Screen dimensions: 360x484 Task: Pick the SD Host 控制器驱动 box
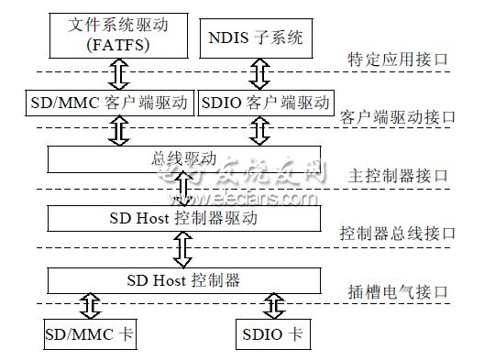coord(183,218)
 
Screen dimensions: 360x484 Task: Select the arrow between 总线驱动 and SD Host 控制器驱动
coord(183,189)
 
